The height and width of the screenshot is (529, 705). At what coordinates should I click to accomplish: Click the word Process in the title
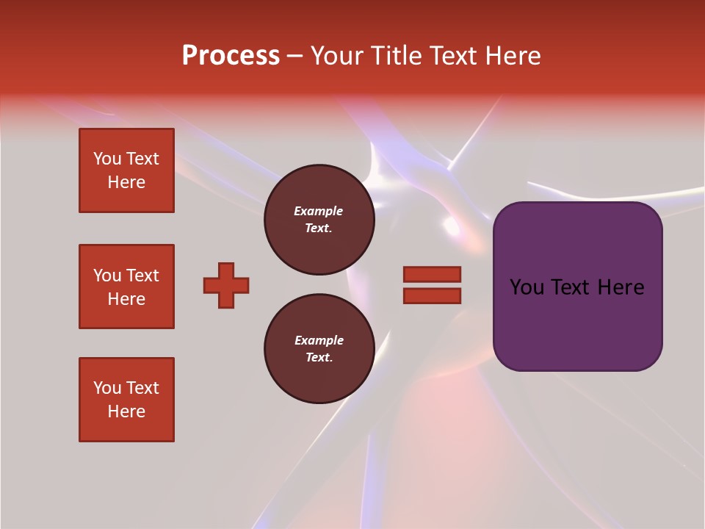231,56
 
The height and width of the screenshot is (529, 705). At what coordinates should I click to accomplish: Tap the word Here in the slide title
513,56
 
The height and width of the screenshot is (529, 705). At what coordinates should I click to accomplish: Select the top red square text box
126,170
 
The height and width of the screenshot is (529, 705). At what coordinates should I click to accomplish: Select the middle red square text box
126,287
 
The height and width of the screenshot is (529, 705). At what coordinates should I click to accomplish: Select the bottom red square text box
126,400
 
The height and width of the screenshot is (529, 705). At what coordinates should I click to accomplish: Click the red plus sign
226,285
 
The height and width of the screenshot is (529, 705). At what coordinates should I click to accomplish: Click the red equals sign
432,285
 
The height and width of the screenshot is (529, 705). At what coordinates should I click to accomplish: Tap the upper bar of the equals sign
432,274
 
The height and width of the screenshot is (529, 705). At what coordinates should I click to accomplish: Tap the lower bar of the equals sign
432,295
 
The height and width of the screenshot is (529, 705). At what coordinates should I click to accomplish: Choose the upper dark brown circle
319,220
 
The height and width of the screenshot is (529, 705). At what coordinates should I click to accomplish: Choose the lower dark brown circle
319,349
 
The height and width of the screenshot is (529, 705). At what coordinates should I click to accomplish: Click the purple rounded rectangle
577,287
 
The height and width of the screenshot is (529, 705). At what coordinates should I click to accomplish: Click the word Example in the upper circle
319,211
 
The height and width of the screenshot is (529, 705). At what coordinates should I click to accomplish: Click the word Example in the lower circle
319,340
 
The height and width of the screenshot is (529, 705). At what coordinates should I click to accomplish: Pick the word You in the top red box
107,159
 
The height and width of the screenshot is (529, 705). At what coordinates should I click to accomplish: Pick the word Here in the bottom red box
126,411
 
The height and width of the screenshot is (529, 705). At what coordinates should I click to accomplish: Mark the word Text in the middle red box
142,276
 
